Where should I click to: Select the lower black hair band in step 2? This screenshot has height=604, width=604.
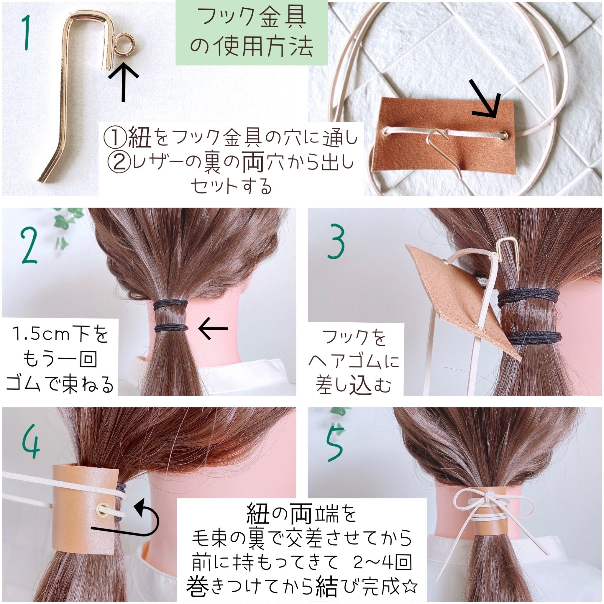click(x=171, y=328)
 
